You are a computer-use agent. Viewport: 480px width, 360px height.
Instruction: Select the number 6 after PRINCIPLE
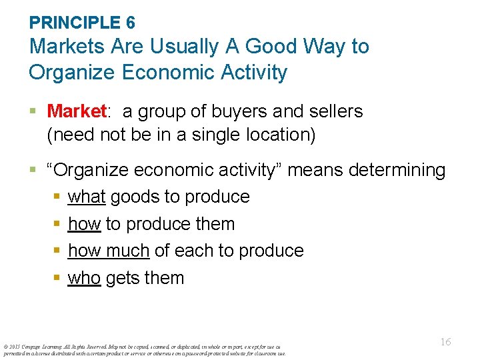pos(130,23)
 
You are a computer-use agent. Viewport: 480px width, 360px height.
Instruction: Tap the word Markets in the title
pos(68,47)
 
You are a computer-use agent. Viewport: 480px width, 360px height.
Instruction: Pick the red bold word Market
pos(77,111)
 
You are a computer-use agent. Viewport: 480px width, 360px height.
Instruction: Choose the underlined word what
pos(87,197)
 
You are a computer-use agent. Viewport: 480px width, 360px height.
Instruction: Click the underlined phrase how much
pos(108,251)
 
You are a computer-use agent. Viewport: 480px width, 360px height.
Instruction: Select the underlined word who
pos(84,278)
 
